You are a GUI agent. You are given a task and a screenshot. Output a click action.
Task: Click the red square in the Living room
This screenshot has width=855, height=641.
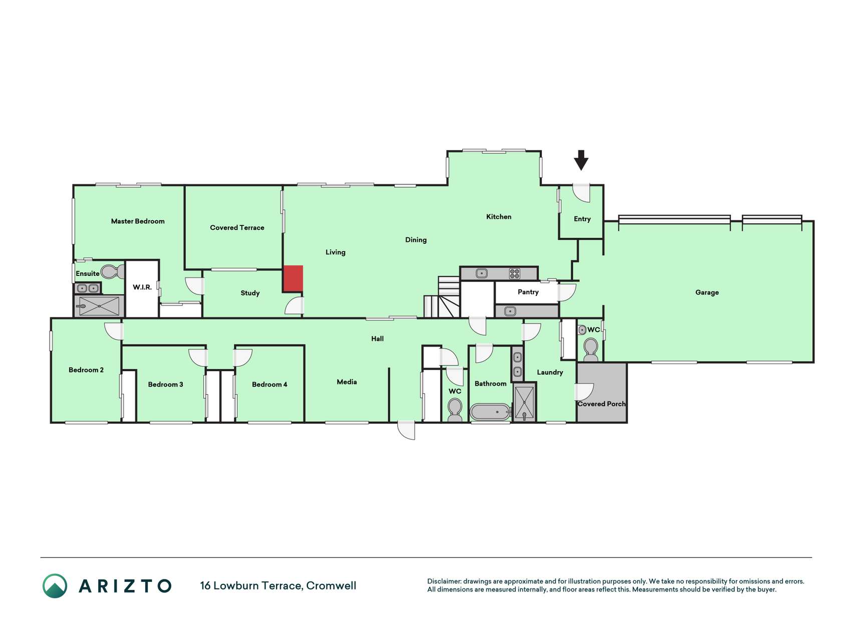tap(293, 278)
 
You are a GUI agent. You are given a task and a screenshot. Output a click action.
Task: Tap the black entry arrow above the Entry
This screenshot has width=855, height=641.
tap(581, 160)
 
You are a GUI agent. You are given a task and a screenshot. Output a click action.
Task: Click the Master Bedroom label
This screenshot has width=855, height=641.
tap(138, 221)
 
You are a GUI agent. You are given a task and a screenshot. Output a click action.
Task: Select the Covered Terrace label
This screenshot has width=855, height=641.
tap(237, 228)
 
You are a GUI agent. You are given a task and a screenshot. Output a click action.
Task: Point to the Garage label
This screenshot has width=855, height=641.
tap(707, 292)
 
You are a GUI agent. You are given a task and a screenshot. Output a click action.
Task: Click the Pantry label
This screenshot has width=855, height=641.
tap(528, 292)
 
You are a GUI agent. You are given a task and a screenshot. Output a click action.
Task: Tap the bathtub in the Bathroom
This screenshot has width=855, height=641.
tap(490, 412)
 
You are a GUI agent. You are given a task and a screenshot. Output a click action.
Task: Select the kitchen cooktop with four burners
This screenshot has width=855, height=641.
tap(514, 273)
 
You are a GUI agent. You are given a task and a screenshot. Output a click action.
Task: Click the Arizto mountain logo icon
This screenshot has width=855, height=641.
tap(55, 586)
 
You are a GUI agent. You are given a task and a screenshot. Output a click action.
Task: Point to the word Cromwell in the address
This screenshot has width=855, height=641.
tap(331, 586)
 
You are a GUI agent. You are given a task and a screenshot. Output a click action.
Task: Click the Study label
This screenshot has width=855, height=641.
tap(250, 293)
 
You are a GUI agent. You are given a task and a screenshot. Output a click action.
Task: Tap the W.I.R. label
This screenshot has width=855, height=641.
tap(142, 287)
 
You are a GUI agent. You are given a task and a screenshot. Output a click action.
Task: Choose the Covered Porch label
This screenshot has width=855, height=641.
tap(602, 404)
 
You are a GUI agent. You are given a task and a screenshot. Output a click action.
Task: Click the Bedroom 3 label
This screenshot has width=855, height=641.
tap(165, 385)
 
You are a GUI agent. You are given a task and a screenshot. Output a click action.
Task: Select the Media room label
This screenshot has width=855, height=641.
tap(347, 382)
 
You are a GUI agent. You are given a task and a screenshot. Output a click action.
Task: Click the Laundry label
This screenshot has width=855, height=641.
tap(550, 373)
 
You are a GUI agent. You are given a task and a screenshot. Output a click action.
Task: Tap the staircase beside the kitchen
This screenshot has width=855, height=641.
tap(442, 297)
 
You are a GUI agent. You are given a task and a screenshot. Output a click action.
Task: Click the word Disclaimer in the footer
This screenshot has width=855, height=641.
tap(444, 581)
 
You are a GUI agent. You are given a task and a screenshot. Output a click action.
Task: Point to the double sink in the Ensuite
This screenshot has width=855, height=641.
tap(88, 288)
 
